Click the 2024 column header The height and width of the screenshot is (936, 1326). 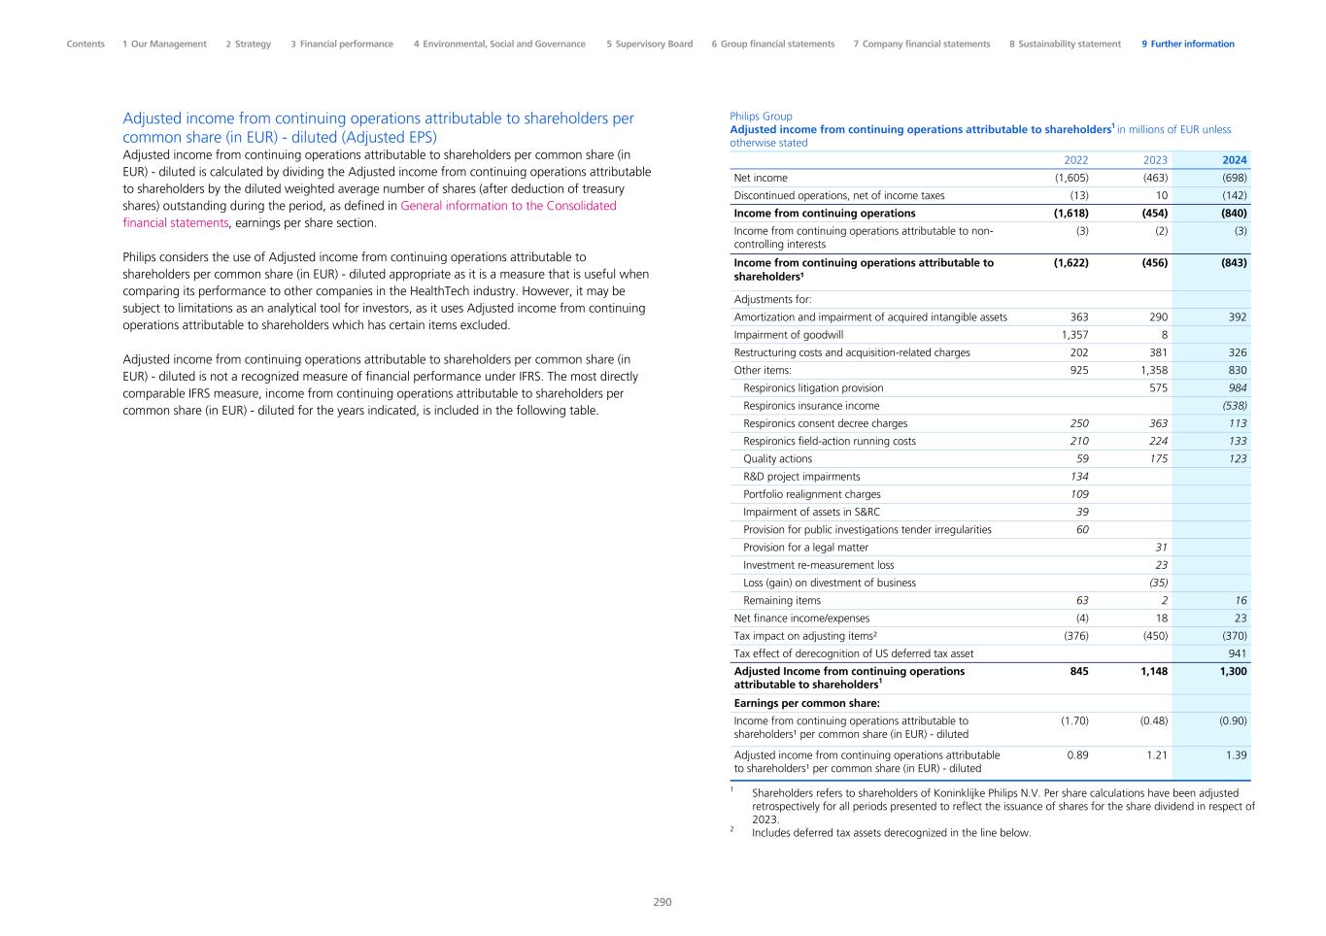(x=1234, y=160)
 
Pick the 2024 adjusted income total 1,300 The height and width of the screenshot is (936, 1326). (x=1232, y=671)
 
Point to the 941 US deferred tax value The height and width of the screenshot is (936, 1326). (x=1237, y=653)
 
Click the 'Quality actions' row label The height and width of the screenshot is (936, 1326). (x=777, y=458)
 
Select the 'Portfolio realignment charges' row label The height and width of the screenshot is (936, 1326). (x=811, y=494)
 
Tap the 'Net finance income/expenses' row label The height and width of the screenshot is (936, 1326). (x=801, y=618)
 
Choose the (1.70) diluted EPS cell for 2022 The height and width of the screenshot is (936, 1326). (x=1071, y=721)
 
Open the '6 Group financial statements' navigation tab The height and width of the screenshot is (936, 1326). (x=772, y=44)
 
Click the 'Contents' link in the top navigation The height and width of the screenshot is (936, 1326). (x=85, y=44)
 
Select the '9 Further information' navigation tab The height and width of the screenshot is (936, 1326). (x=1187, y=44)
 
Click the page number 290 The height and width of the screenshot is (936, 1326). (x=662, y=902)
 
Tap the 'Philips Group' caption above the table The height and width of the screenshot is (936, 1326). (x=761, y=117)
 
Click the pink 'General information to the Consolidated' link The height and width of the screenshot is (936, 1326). (x=508, y=206)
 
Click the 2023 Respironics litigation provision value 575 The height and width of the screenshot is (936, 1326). (x=1157, y=387)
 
